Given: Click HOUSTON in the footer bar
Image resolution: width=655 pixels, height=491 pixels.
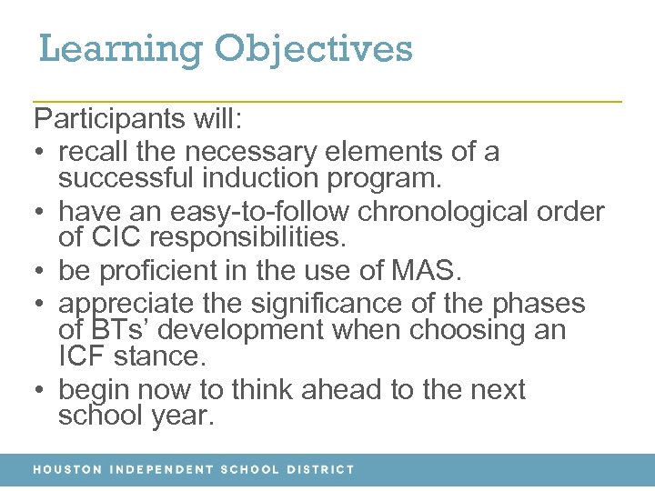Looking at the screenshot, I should (x=67, y=470).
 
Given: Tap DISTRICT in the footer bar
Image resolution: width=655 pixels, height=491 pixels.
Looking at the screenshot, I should (x=320, y=470).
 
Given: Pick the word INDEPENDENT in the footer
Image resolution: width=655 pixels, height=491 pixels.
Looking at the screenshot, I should (x=159, y=470).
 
